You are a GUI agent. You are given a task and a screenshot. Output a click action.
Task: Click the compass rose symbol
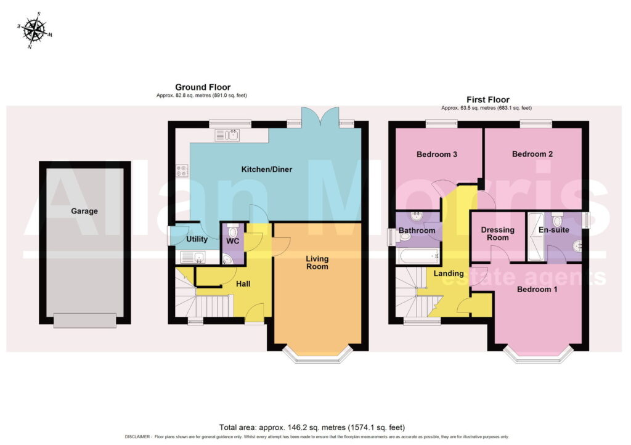tap(35, 31)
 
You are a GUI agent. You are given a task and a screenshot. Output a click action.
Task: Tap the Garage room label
tap(84, 211)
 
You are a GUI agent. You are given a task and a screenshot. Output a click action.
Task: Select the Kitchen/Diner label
tap(267, 169)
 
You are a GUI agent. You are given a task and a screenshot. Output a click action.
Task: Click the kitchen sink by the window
tap(227, 135)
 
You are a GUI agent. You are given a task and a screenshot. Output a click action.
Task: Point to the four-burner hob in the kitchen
tap(182, 171)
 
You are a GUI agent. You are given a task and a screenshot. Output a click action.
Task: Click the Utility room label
tap(197, 239)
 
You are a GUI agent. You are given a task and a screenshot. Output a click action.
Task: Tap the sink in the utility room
tap(193, 257)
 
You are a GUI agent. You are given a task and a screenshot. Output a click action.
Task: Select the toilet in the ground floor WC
tap(233, 231)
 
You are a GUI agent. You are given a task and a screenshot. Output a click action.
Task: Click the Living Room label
tap(317, 263)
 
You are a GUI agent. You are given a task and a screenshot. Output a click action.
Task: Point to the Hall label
tap(243, 284)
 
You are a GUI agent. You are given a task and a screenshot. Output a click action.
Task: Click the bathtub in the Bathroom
tap(417, 256)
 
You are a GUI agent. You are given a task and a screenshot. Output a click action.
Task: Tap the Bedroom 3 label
tap(437, 154)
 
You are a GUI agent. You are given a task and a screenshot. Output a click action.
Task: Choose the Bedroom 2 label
tap(532, 153)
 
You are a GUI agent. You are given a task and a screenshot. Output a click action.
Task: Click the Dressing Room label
tap(498, 234)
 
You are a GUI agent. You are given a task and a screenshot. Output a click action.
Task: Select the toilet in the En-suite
tap(557, 219)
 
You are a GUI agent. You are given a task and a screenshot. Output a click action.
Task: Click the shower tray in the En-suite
tap(535, 236)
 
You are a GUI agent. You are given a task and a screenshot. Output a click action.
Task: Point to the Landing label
tap(449, 273)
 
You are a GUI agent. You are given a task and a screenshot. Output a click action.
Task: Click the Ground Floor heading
tap(203, 87)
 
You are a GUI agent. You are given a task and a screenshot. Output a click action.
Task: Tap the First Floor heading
tap(488, 99)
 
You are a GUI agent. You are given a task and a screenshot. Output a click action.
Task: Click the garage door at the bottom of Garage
tap(85, 320)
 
